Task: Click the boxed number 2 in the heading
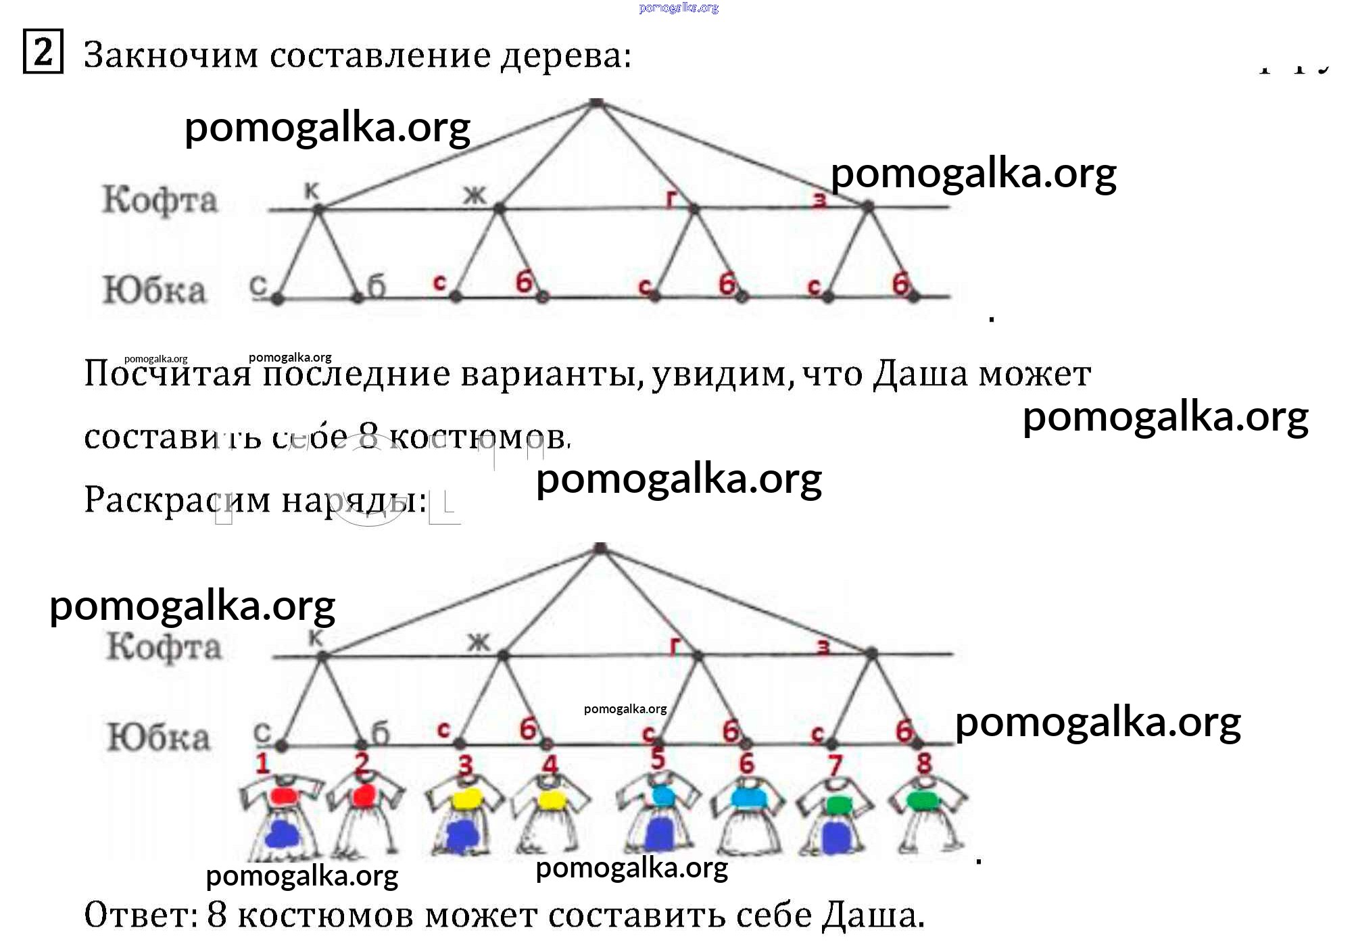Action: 43,51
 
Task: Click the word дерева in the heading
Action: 564,55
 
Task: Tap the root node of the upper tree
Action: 596,103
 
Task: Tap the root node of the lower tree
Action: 600,548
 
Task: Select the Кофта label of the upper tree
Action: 160,199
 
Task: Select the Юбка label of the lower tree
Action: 159,737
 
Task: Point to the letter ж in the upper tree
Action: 475,195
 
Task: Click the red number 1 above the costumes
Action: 262,764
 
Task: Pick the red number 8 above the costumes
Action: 924,764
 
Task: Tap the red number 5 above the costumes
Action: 657,759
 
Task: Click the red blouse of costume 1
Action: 282,796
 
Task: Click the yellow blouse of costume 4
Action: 552,800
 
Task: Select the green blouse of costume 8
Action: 923,801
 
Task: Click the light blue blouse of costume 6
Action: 748,798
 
